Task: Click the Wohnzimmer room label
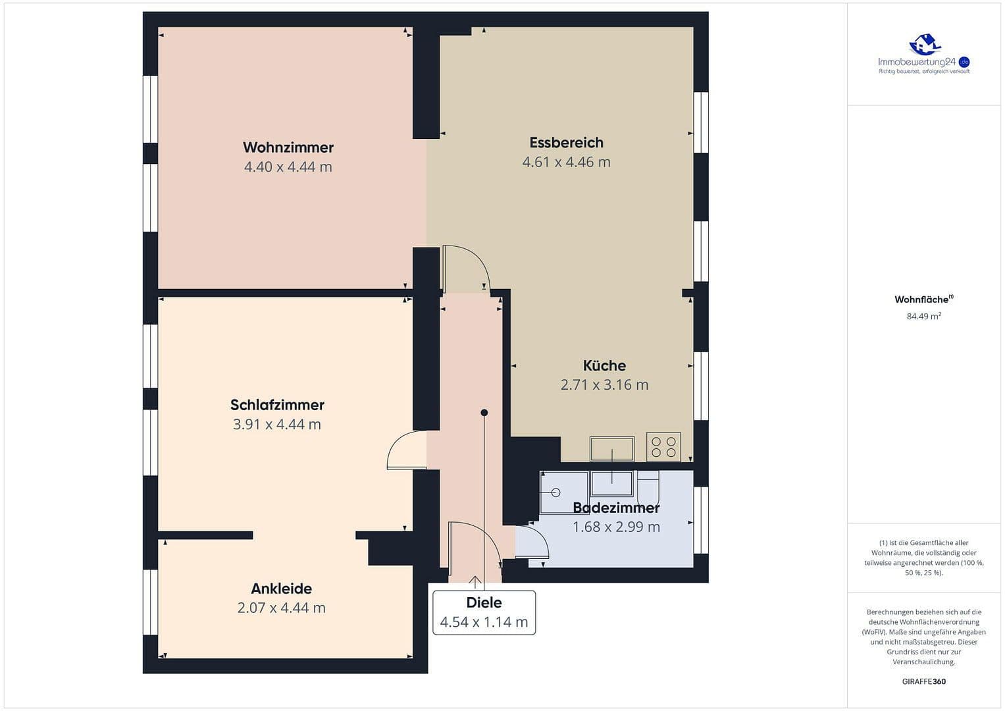(288, 147)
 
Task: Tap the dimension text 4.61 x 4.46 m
(566, 162)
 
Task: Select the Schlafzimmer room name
(277, 405)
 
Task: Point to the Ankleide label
(281, 589)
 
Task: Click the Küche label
(604, 365)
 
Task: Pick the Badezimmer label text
(616, 508)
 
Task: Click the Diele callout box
(484, 613)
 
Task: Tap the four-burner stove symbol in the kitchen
(663, 446)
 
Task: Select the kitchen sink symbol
(612, 448)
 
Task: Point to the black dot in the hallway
(484, 413)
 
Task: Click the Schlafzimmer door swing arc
(403, 448)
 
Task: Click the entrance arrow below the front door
(475, 581)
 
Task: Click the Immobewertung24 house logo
(924, 45)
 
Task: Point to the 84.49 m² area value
(923, 317)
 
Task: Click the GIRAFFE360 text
(923, 681)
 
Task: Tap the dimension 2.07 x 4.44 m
(281, 608)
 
